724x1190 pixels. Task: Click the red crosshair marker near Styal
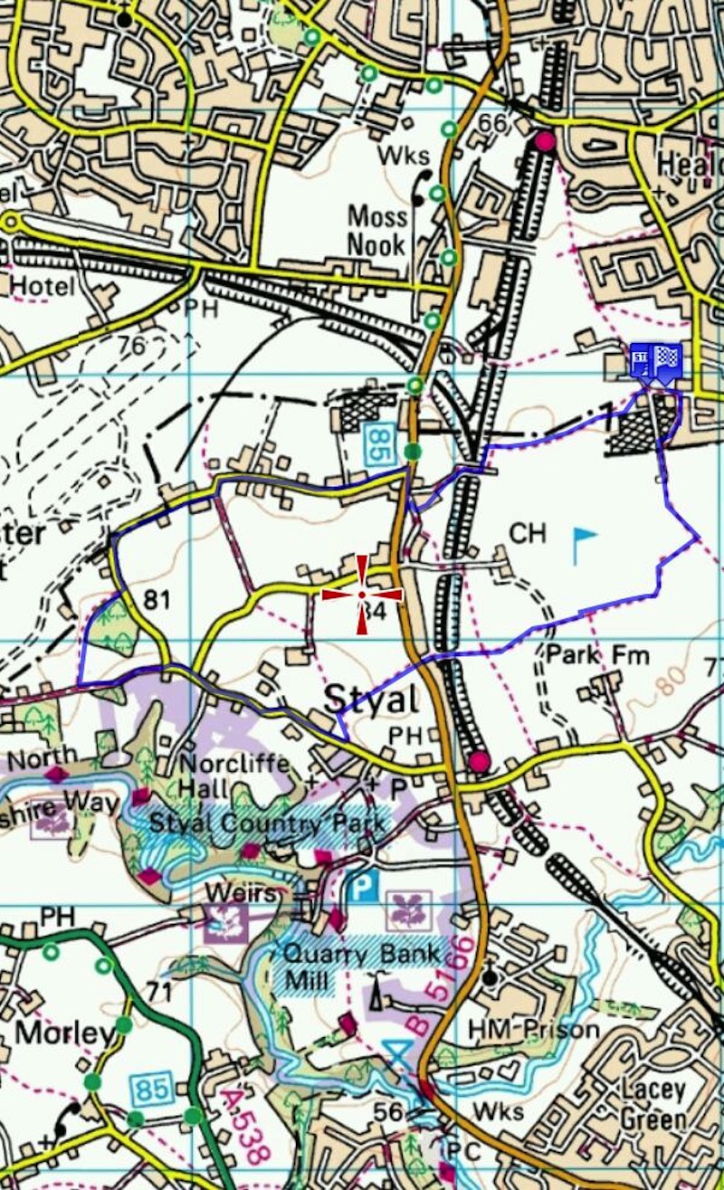(x=362, y=595)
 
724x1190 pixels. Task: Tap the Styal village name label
(x=371, y=699)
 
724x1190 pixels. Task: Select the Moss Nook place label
(x=378, y=229)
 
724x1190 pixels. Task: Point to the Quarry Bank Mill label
(x=363, y=965)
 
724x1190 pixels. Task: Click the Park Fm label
(x=598, y=654)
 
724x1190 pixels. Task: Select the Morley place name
(x=65, y=1033)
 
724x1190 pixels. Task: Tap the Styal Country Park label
(x=267, y=824)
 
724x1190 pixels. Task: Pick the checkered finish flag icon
(x=669, y=361)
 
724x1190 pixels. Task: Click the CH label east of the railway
(x=528, y=534)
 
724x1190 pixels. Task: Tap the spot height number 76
(x=132, y=345)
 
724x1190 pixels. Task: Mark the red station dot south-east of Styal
(x=479, y=761)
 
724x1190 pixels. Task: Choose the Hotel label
(x=41, y=287)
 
